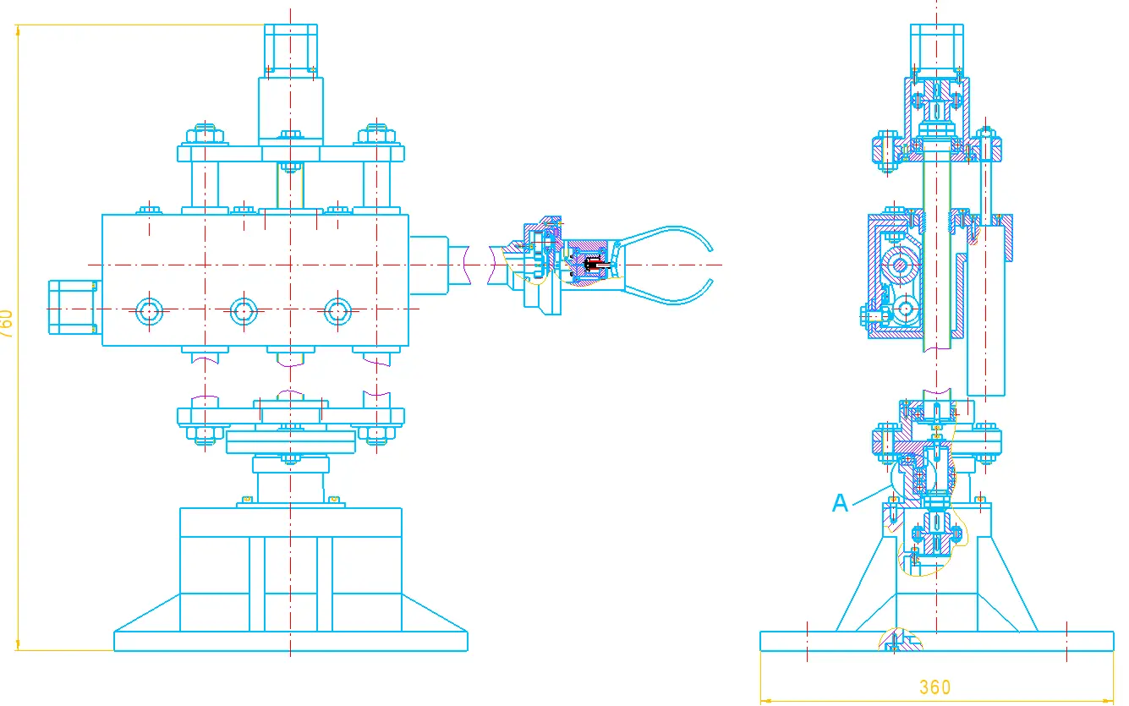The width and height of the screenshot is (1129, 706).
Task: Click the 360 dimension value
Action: coord(935,687)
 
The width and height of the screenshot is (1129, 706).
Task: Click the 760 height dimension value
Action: coord(6,324)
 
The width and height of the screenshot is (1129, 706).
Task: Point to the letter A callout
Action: coord(840,503)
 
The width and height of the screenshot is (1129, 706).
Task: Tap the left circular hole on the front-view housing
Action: coord(149,311)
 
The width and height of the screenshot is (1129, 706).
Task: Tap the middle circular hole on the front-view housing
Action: coord(244,311)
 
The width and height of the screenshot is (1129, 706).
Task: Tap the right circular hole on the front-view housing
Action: coord(337,311)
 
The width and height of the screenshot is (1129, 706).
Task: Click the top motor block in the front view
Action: coord(291,51)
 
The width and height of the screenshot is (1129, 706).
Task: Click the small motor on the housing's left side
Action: coord(74,308)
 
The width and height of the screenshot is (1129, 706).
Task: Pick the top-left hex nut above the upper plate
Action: coord(205,135)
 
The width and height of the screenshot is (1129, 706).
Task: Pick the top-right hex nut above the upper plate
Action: coord(376,135)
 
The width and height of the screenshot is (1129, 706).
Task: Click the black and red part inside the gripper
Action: coord(595,265)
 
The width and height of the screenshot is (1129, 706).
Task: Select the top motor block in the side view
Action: coord(936,51)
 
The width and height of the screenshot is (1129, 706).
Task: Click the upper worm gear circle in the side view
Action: coord(900,265)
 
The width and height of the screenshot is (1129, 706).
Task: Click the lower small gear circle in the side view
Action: coord(905,309)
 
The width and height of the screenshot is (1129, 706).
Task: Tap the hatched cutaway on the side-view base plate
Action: coord(900,640)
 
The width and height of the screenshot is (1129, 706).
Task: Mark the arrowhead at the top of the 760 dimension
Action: coord(18,31)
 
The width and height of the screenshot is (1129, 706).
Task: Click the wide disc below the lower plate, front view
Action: coord(291,442)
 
